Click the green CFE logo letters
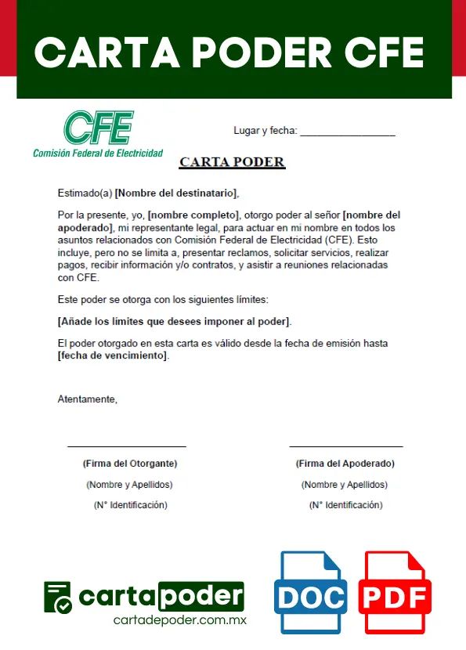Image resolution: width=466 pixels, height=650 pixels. coord(98,127)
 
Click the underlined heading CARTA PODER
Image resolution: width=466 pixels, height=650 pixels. coord(232,163)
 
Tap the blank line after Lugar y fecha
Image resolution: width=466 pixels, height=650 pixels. coord(347,132)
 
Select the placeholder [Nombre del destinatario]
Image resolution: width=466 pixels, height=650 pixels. coord(175,193)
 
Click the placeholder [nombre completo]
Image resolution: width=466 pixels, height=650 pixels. coord(193,215)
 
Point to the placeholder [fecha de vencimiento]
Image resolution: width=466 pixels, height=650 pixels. coord(113,355)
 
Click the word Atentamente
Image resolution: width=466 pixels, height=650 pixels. coord(87,399)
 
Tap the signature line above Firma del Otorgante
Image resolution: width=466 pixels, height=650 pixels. coord(127,446)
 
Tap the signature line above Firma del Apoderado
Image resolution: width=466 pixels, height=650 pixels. coord(346,446)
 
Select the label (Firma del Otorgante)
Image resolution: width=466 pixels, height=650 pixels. coord(130,464)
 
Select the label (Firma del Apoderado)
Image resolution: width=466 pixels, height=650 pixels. coord(345,464)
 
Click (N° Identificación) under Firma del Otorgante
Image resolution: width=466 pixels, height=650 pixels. coord(130,505)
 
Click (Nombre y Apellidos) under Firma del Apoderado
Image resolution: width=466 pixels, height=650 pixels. coord(345,485)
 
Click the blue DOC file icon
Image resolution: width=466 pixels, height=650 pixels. coord(311,593)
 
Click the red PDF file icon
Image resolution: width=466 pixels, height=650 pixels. coord(396,593)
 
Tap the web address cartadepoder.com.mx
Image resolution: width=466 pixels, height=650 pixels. coord(180,619)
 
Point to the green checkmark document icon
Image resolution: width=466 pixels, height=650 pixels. coord(58,598)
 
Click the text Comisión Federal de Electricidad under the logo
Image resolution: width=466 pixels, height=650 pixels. coord(98,153)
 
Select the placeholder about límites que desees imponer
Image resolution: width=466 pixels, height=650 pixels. coord(175,322)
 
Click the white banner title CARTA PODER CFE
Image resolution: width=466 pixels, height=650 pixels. coord(229,52)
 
